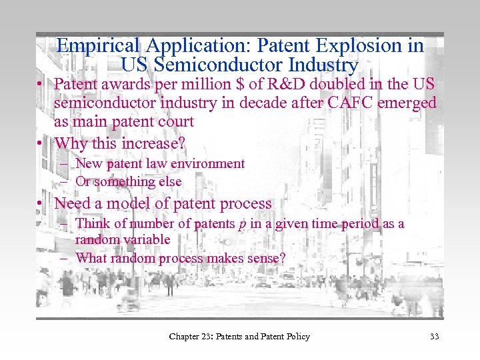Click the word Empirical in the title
click(97, 45)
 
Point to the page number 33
click(435, 337)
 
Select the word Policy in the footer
click(295, 337)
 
